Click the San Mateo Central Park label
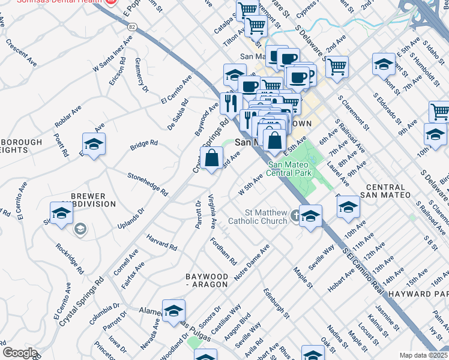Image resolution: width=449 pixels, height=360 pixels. [x=292, y=169]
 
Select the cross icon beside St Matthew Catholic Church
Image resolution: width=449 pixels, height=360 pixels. [x=295, y=215]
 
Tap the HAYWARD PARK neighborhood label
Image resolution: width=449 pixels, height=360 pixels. [x=418, y=294]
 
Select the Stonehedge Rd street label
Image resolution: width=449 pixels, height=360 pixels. [x=147, y=183]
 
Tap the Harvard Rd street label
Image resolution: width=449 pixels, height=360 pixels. [x=162, y=242]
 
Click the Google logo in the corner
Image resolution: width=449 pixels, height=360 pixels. [x=20, y=353]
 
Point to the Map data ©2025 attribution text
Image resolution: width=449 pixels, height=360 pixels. [x=423, y=355]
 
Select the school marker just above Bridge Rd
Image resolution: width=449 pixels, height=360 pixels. [x=94, y=144]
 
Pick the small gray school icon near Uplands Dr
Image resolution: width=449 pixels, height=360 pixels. [x=80, y=229]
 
